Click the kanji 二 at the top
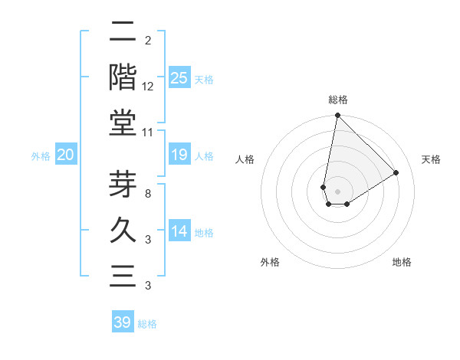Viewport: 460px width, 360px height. pyautogui.click(x=123, y=33)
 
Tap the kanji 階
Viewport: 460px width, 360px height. pyautogui.click(x=123, y=77)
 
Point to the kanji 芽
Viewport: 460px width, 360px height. pyautogui.click(x=123, y=185)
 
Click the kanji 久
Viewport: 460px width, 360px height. pyautogui.click(x=123, y=229)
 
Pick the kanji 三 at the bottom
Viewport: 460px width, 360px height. pyautogui.click(x=123, y=273)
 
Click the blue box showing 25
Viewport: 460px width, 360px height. pyautogui.click(x=179, y=77)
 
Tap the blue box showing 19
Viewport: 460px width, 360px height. pyautogui.click(x=179, y=155)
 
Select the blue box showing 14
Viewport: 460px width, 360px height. pyautogui.click(x=179, y=232)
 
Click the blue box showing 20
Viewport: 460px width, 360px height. pyautogui.click(x=65, y=155)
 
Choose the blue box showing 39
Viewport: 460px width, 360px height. pyautogui.click(x=123, y=322)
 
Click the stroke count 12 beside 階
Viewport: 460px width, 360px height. pyautogui.click(x=148, y=87)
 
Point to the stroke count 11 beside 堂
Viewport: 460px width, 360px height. pyautogui.click(x=148, y=132)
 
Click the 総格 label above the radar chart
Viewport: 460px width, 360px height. pyautogui.click(x=337, y=100)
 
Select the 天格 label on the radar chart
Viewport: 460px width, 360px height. pyautogui.click(x=431, y=159)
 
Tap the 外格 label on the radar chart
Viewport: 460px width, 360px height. pyautogui.click(x=269, y=262)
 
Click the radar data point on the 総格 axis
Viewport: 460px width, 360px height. pyautogui.click(x=337, y=116)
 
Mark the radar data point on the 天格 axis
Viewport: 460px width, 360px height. pyautogui.click(x=396, y=173)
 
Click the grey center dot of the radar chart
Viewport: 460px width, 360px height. pyautogui.click(x=337, y=191)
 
